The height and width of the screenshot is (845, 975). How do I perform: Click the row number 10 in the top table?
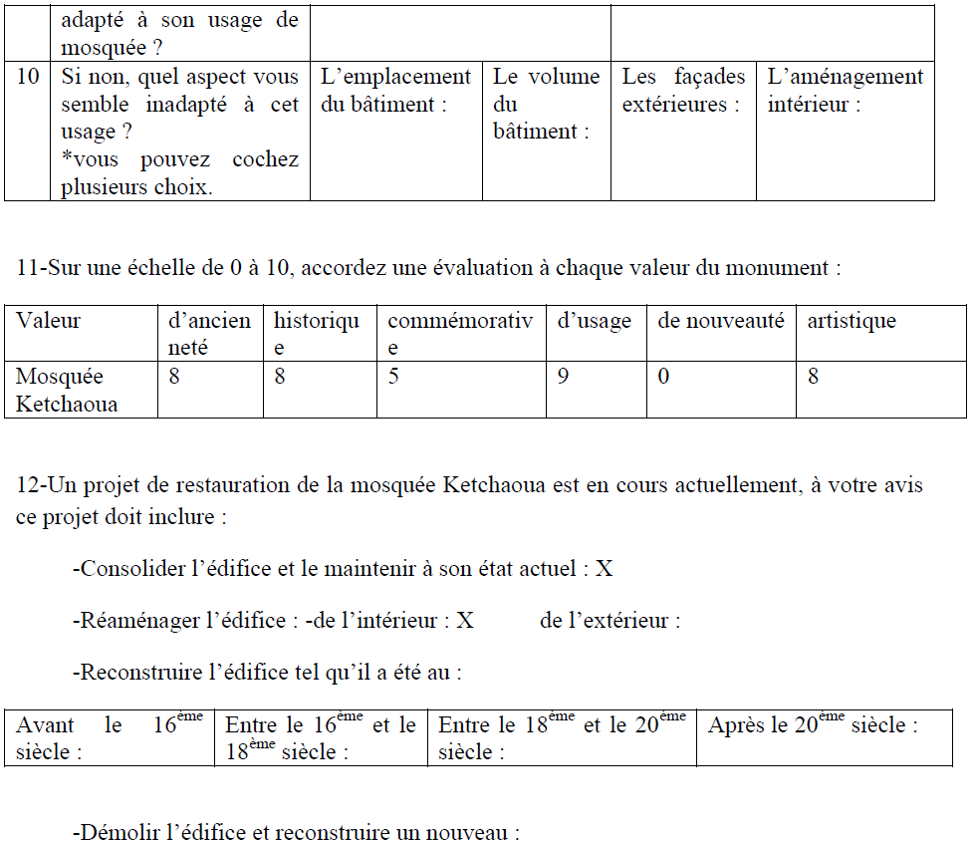click(x=27, y=77)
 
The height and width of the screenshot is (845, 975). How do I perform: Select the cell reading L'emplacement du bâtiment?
click(x=395, y=90)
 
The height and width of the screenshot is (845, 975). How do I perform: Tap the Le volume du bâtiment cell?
click(x=546, y=104)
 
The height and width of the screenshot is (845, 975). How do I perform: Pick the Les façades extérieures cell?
click(x=683, y=90)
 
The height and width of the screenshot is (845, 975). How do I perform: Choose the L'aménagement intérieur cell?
click(x=845, y=90)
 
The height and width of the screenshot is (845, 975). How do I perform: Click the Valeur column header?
click(x=49, y=321)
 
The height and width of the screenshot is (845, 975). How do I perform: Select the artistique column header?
click(x=852, y=321)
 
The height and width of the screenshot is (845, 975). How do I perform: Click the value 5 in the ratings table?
click(x=393, y=378)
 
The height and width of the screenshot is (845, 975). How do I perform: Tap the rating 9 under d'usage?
click(x=563, y=378)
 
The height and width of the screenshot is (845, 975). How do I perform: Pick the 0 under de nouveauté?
click(x=664, y=378)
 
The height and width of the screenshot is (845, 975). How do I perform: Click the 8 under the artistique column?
click(x=814, y=378)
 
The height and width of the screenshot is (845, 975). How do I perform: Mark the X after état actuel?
click(x=604, y=569)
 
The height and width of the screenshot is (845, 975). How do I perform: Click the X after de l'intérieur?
click(x=465, y=621)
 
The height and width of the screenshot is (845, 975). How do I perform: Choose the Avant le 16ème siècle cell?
click(x=110, y=738)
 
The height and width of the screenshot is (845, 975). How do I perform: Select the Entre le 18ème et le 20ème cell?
click(x=562, y=738)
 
